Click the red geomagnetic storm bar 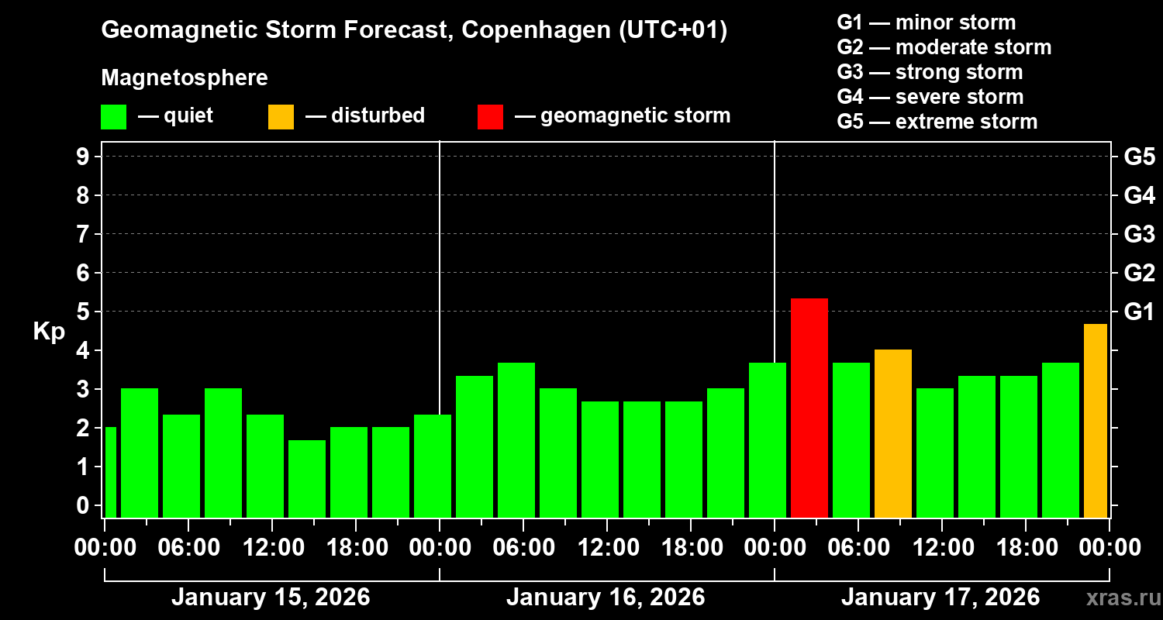pos(809,408)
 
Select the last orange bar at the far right pos(1095,421)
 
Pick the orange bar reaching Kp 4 pos(892,433)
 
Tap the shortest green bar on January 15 pos(306,478)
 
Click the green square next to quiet pos(113,117)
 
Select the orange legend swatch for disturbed pos(281,117)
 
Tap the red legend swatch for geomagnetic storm pos(490,117)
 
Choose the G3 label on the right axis pos(1139,234)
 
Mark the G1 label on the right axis pos(1139,312)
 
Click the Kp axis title pos(49,332)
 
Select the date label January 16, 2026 pos(606,598)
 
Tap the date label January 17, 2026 pos(940,598)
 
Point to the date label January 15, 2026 pos(271,598)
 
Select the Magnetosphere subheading pos(185,78)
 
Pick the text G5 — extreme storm pos(937,122)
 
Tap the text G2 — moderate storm pos(944,47)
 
